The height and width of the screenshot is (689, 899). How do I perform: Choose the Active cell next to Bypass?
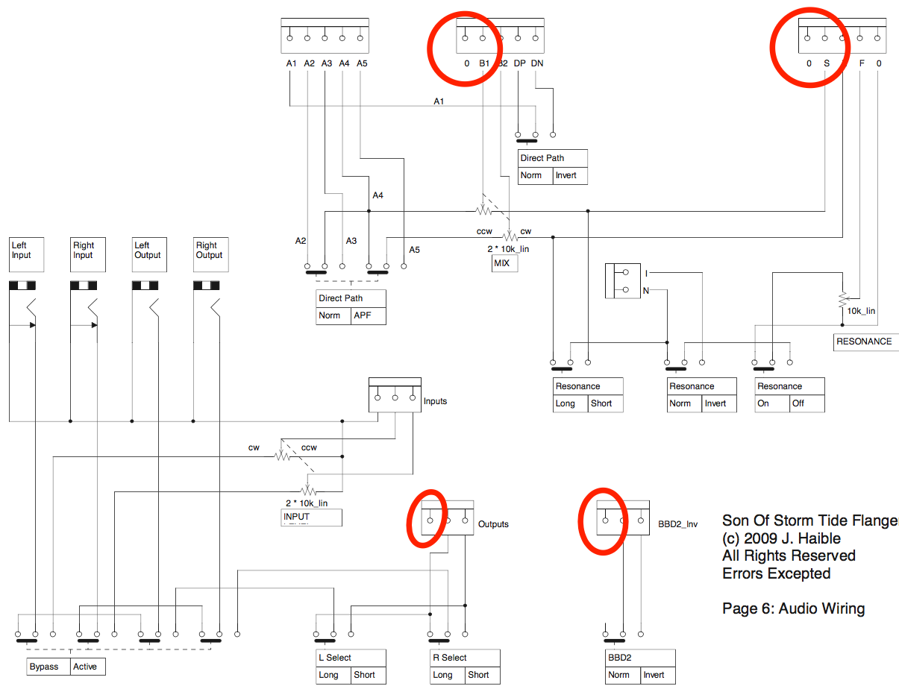click(86, 667)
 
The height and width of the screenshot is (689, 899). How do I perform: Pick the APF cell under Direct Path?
click(368, 315)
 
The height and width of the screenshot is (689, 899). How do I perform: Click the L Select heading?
click(333, 658)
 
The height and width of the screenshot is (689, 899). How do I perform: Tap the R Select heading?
click(449, 658)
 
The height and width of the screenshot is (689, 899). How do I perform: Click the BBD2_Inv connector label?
click(677, 525)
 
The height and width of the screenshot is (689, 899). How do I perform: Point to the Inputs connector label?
click(435, 401)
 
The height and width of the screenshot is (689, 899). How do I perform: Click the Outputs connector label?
click(493, 524)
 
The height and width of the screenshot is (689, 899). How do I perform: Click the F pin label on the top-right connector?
click(862, 63)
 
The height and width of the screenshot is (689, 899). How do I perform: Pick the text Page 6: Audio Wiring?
click(793, 608)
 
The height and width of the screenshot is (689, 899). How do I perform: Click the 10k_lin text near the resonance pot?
click(862, 311)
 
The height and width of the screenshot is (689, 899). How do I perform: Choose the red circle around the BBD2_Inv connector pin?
click(604, 521)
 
